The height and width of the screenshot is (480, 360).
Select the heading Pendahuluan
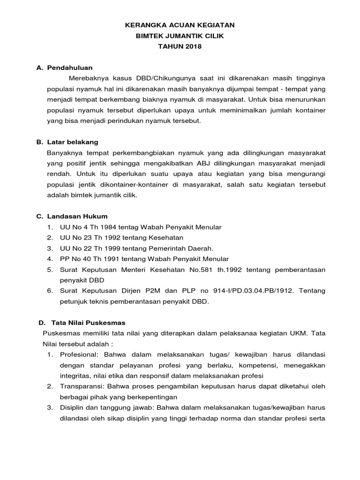(x=70, y=68)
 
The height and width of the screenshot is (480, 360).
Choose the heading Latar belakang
(x=73, y=142)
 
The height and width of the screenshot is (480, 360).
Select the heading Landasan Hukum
(x=77, y=216)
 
